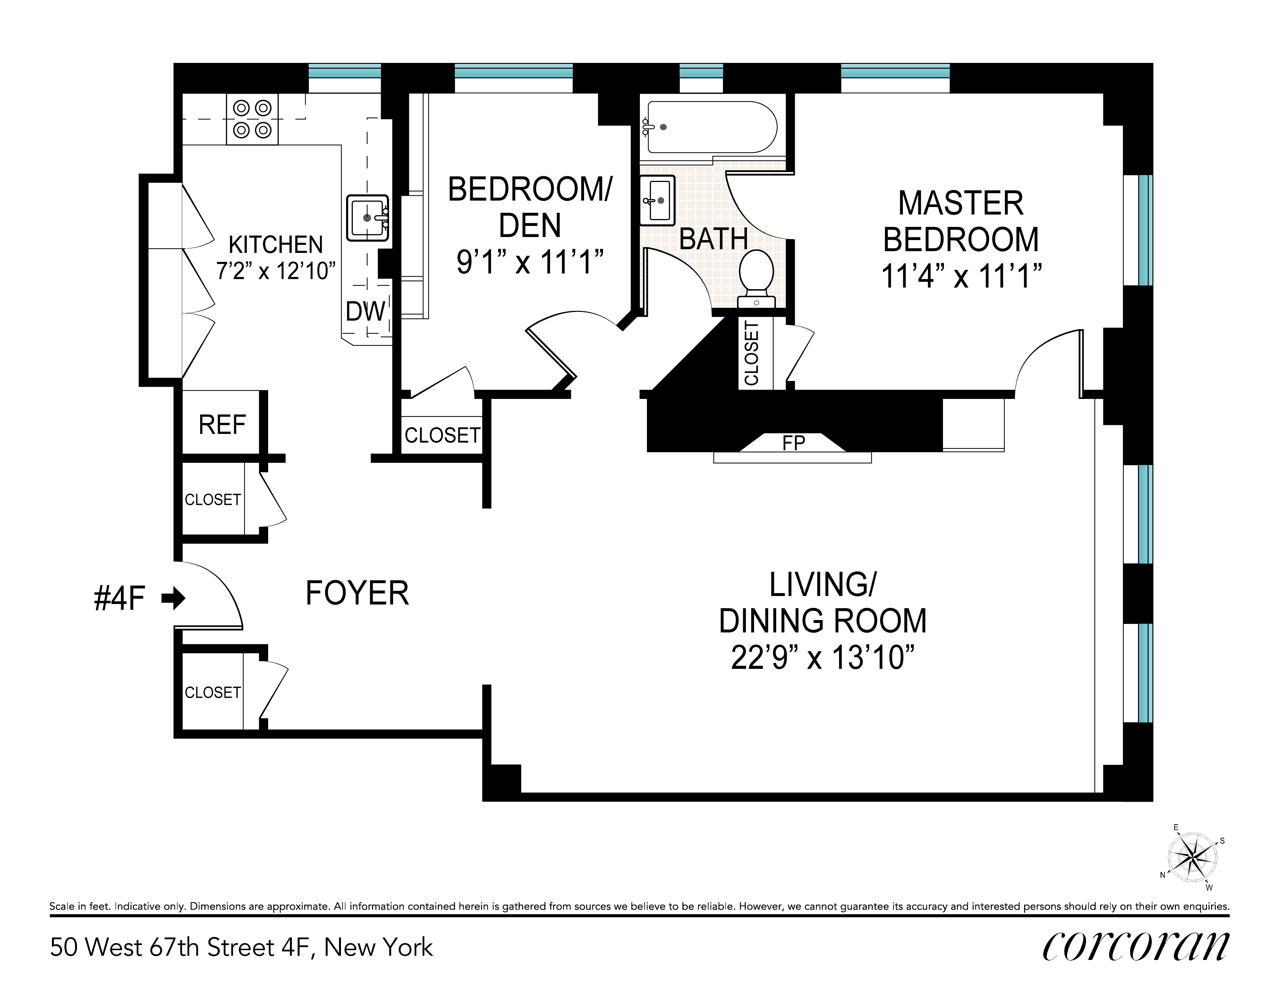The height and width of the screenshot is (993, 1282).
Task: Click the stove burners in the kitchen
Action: (x=252, y=119)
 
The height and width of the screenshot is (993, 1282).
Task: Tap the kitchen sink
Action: (x=368, y=218)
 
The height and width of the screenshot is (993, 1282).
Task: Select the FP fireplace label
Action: (x=794, y=443)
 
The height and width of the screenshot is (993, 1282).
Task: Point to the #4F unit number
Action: (x=119, y=599)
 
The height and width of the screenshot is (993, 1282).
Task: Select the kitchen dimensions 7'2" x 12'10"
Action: (x=276, y=271)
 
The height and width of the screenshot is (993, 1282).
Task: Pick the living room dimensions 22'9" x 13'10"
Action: (x=823, y=657)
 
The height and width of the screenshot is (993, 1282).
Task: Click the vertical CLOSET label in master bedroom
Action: (x=751, y=353)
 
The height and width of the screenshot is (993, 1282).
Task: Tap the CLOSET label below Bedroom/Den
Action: (x=442, y=435)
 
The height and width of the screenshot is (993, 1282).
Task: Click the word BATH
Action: (x=713, y=239)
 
